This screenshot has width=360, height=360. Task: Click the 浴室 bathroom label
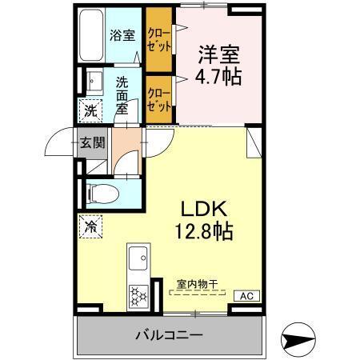coord(122,35)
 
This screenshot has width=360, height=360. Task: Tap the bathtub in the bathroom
coord(92,37)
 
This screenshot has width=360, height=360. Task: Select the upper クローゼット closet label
coord(158,40)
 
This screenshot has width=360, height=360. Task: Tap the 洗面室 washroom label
coord(122,94)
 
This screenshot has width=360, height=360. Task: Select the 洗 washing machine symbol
coord(90,110)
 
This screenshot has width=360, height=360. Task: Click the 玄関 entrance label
coord(92,143)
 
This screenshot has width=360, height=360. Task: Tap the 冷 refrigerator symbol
coord(90,226)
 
